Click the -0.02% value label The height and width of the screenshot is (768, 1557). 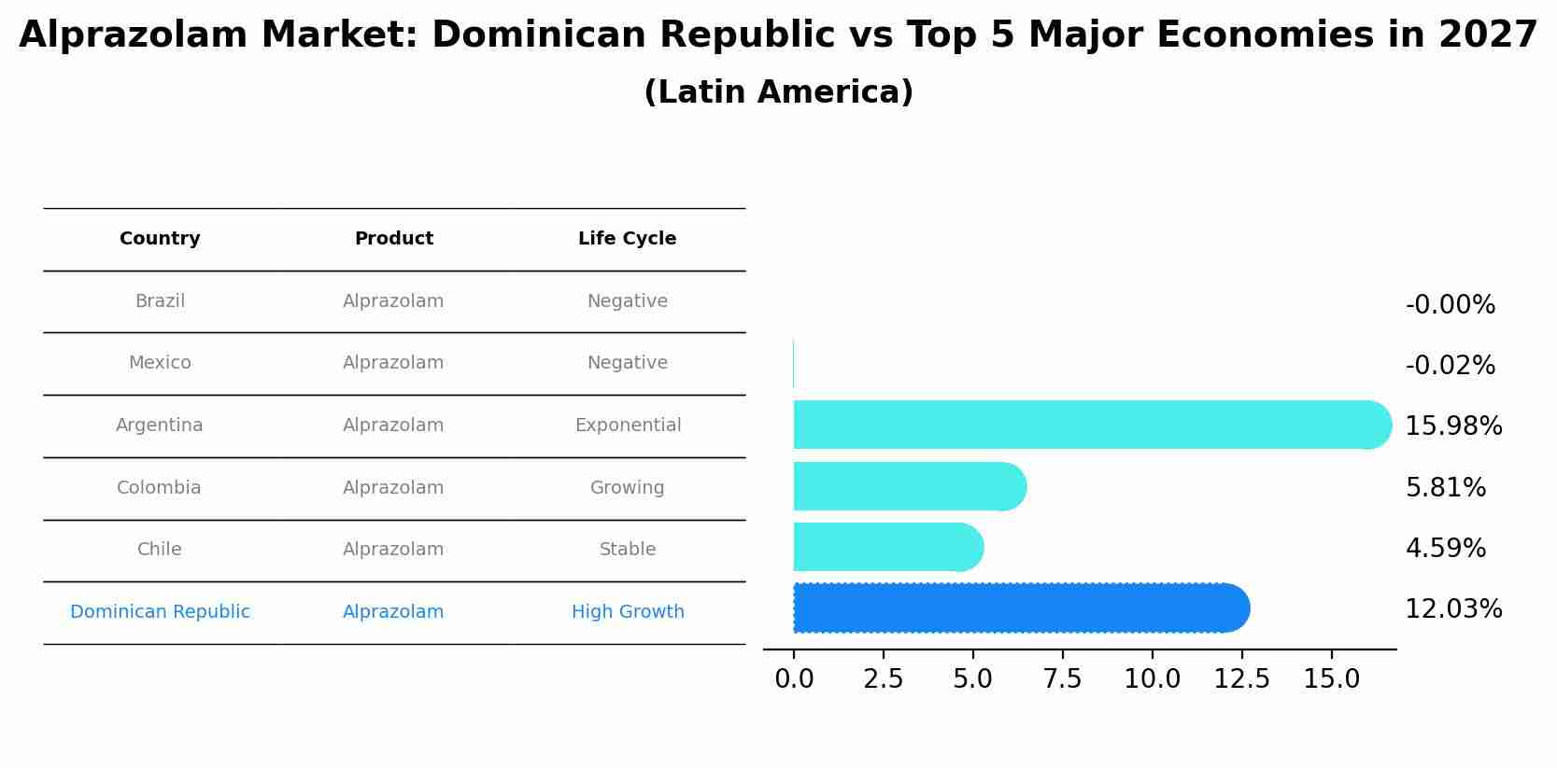[x=1450, y=366]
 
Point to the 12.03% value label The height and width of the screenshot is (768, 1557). [x=1453, y=609]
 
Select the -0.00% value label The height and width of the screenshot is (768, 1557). [x=1450, y=305]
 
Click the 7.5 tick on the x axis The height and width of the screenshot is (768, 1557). [x=1063, y=679]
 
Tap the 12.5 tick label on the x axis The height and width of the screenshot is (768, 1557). [x=1241, y=679]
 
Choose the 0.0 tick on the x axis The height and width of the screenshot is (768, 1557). [x=794, y=679]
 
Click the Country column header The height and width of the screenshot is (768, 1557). [x=160, y=239]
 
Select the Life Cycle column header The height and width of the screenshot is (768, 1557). [x=627, y=239]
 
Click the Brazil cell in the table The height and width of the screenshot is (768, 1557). [x=160, y=301]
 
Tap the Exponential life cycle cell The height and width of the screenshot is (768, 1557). [x=628, y=426]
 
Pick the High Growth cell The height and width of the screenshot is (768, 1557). [x=628, y=612]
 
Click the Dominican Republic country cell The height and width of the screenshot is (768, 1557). [x=160, y=612]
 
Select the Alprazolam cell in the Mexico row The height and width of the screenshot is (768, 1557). [x=393, y=363]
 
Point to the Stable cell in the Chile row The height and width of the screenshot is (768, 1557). [x=628, y=550]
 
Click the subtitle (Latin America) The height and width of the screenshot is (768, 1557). [x=778, y=92]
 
